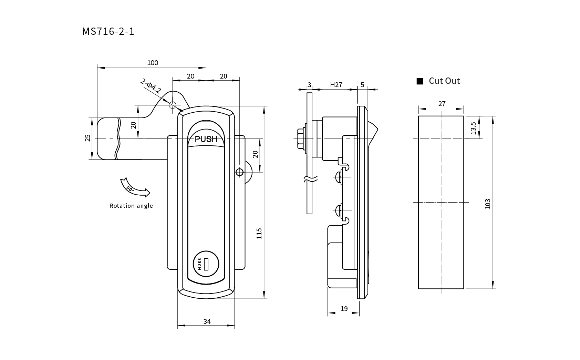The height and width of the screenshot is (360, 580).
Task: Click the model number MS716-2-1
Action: point(108,31)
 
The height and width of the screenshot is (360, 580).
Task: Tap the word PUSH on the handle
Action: point(206,139)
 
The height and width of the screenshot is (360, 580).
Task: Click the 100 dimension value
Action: point(153,63)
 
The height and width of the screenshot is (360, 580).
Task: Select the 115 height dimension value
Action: point(259,233)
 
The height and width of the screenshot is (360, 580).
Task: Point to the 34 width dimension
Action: point(207,321)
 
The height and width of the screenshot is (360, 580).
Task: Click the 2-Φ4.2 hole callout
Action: point(151,86)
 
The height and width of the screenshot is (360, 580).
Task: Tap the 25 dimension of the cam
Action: point(88,138)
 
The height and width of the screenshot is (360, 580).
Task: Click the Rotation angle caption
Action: point(131,206)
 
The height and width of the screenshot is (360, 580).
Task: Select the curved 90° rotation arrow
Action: point(134,188)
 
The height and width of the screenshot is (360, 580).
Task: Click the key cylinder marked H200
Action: point(206,264)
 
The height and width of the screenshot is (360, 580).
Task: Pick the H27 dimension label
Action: point(336,85)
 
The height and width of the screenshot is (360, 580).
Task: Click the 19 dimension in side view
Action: point(344,309)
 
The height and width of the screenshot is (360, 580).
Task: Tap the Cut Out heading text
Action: point(444,81)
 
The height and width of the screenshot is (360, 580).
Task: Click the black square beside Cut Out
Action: point(420,81)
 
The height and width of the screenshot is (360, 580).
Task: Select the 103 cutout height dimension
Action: point(487,204)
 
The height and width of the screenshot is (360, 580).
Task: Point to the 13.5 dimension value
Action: point(473,128)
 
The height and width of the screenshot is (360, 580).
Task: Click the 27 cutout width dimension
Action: point(442,104)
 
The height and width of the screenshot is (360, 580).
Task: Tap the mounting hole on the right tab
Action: point(239,172)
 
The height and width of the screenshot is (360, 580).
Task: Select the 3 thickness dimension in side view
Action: point(309,85)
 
